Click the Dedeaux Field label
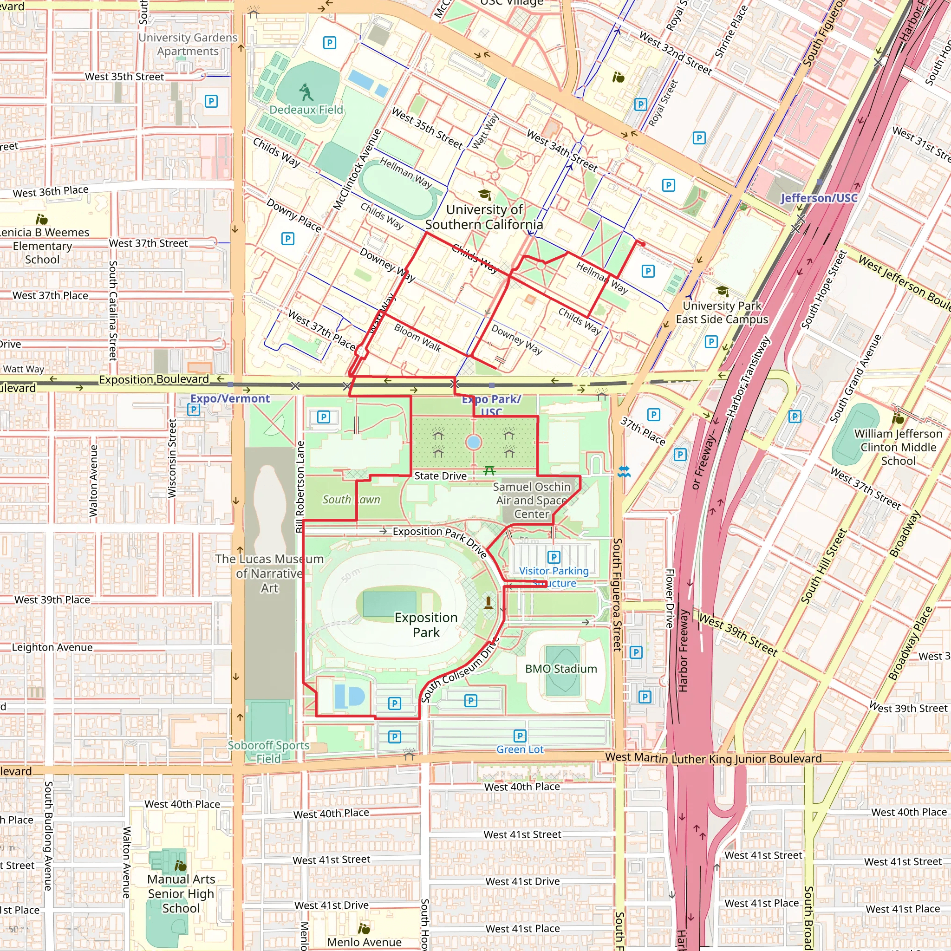[x=306, y=110]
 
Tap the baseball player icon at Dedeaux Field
[x=306, y=91]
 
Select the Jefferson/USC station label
[x=819, y=198]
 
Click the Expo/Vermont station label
[x=230, y=399]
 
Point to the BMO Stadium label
[x=560, y=669]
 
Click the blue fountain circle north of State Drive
[x=474, y=442]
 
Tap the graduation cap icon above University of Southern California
[x=484, y=195]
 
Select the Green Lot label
[x=520, y=749]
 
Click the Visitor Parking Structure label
[x=554, y=577]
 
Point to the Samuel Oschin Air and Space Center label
[x=532, y=500]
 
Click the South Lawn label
[x=351, y=500]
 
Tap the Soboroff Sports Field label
[x=268, y=752]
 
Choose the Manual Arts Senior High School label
[x=181, y=893]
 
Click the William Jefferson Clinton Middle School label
[x=898, y=447]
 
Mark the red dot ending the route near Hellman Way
[x=643, y=244]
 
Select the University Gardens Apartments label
[x=188, y=44]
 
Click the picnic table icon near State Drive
[x=489, y=471]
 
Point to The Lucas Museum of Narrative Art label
[x=269, y=573]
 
